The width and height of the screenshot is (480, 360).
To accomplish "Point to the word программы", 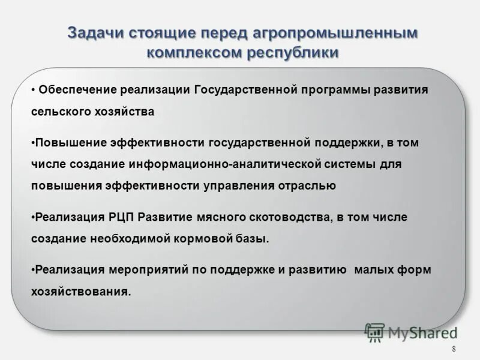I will (x=335, y=90).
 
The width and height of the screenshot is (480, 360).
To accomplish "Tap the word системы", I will (x=359, y=164).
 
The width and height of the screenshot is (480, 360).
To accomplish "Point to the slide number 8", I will (x=453, y=350).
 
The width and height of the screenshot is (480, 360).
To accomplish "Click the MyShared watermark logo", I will (x=410, y=331).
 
